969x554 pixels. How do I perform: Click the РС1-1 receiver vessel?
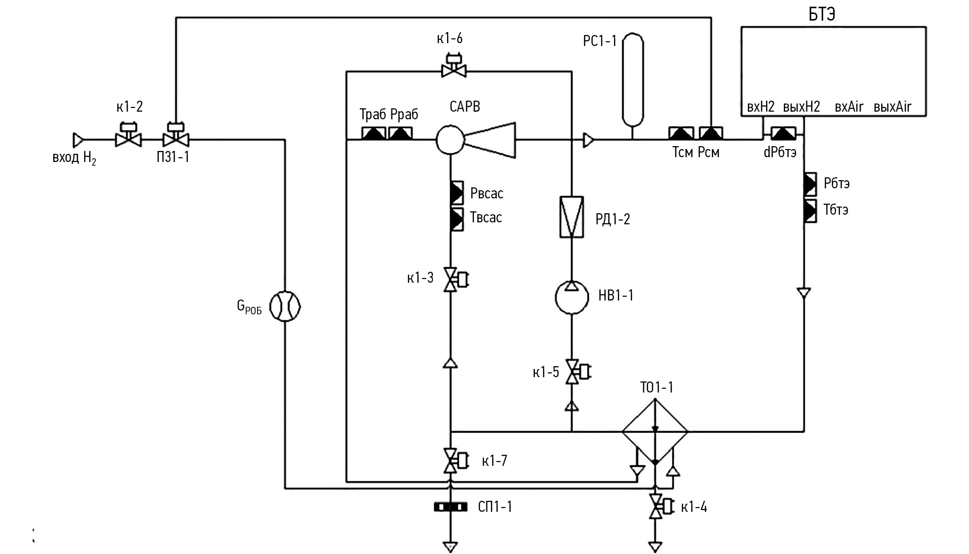[x=633, y=79]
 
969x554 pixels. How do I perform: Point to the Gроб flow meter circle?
[x=285, y=306]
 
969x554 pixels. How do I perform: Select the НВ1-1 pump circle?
[x=572, y=297]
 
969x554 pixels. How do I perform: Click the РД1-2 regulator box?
[x=572, y=217]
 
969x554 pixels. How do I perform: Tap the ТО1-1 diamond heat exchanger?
[x=655, y=431]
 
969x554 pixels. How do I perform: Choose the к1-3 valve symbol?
[x=450, y=279]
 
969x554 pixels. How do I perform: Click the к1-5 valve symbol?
[x=572, y=371]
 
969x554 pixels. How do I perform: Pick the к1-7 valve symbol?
[x=450, y=461]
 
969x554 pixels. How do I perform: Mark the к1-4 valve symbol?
[x=655, y=506]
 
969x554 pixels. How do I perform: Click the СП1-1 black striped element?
[x=450, y=507]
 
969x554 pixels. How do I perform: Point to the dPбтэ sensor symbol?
[x=783, y=134]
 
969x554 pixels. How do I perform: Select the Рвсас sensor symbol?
[x=456, y=193]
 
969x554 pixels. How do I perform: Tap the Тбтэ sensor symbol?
[x=810, y=211]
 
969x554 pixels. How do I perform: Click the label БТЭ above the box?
[x=822, y=15]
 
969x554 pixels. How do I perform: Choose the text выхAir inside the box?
[x=892, y=107]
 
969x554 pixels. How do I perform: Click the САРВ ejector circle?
[x=450, y=139]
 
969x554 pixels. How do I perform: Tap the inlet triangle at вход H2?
[x=78, y=140]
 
